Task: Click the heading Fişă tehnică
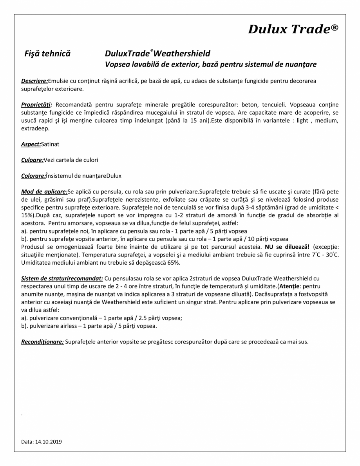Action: tap(47, 53)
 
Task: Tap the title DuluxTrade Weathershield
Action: tap(157, 53)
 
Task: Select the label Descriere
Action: tap(34, 81)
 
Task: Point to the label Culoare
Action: tap(32, 160)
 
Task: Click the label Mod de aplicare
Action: tap(44, 192)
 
